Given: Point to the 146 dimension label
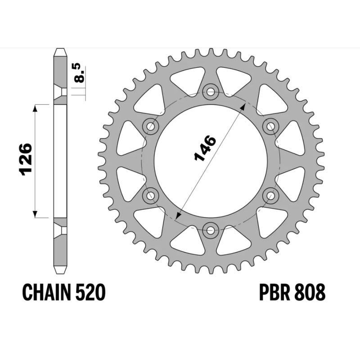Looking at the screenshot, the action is [x=205, y=148].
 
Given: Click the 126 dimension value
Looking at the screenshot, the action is [x=25, y=159].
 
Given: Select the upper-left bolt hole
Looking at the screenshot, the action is [x=151, y=126].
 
